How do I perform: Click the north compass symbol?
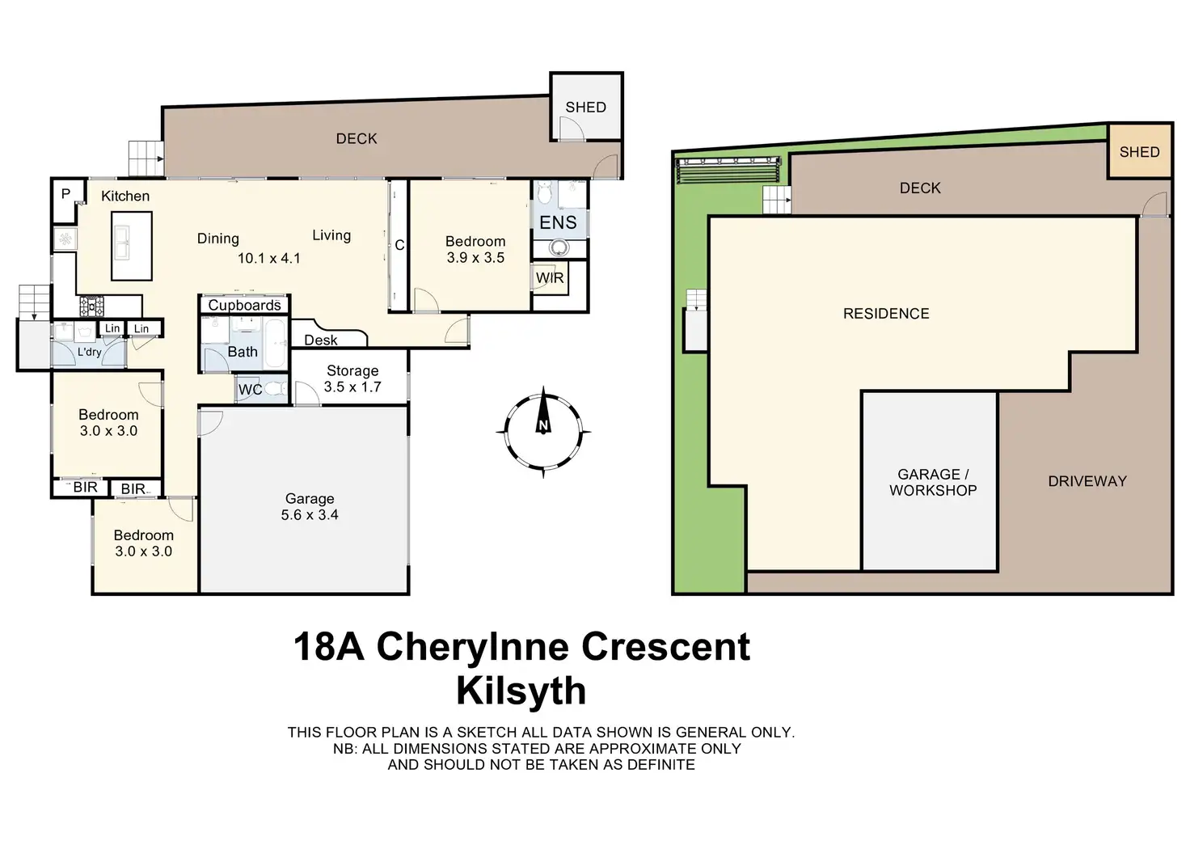(x=543, y=430)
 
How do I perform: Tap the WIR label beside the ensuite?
(x=550, y=278)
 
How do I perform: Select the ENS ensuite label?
(x=558, y=223)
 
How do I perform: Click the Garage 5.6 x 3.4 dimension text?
(x=310, y=515)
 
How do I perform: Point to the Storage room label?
(x=352, y=370)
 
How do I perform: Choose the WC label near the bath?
(x=250, y=390)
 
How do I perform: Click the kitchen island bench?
(x=131, y=246)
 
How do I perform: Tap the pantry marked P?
(x=66, y=194)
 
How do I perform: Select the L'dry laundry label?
(x=89, y=352)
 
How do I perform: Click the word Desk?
(x=321, y=340)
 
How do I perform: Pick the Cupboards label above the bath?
(x=244, y=305)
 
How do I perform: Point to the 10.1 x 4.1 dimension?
(x=268, y=259)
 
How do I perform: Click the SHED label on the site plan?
(x=1139, y=152)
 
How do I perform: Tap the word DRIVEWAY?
(x=1087, y=481)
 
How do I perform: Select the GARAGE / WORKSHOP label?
(x=933, y=482)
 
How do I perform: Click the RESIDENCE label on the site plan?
(x=886, y=314)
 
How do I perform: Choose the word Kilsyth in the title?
(x=521, y=691)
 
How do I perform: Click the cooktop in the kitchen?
(x=91, y=306)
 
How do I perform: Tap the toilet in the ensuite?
(x=544, y=192)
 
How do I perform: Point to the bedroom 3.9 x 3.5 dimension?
(x=475, y=258)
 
